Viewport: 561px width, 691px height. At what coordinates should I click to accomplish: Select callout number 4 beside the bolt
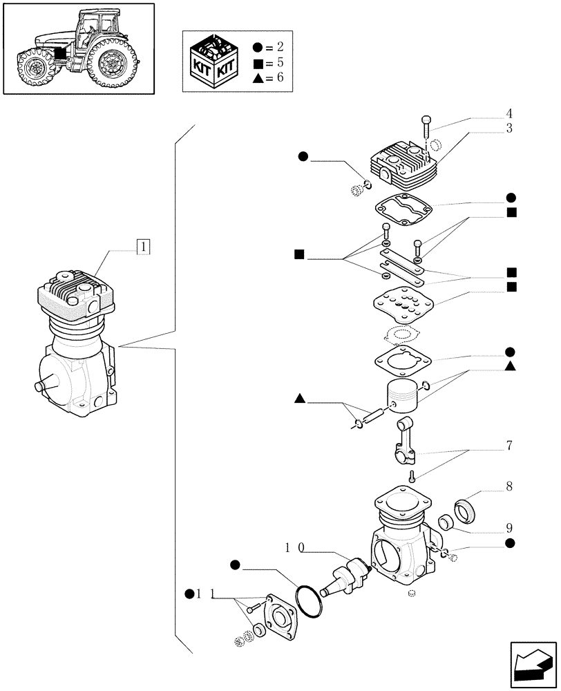pyautogui.click(x=509, y=113)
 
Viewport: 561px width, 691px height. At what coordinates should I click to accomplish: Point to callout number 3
pyautogui.click(x=509, y=129)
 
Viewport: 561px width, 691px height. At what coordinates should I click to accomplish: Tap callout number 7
pyautogui.click(x=509, y=446)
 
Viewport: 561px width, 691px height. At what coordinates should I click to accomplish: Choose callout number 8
pyautogui.click(x=509, y=487)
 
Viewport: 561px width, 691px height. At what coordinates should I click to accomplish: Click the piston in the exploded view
pyautogui.click(x=402, y=396)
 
